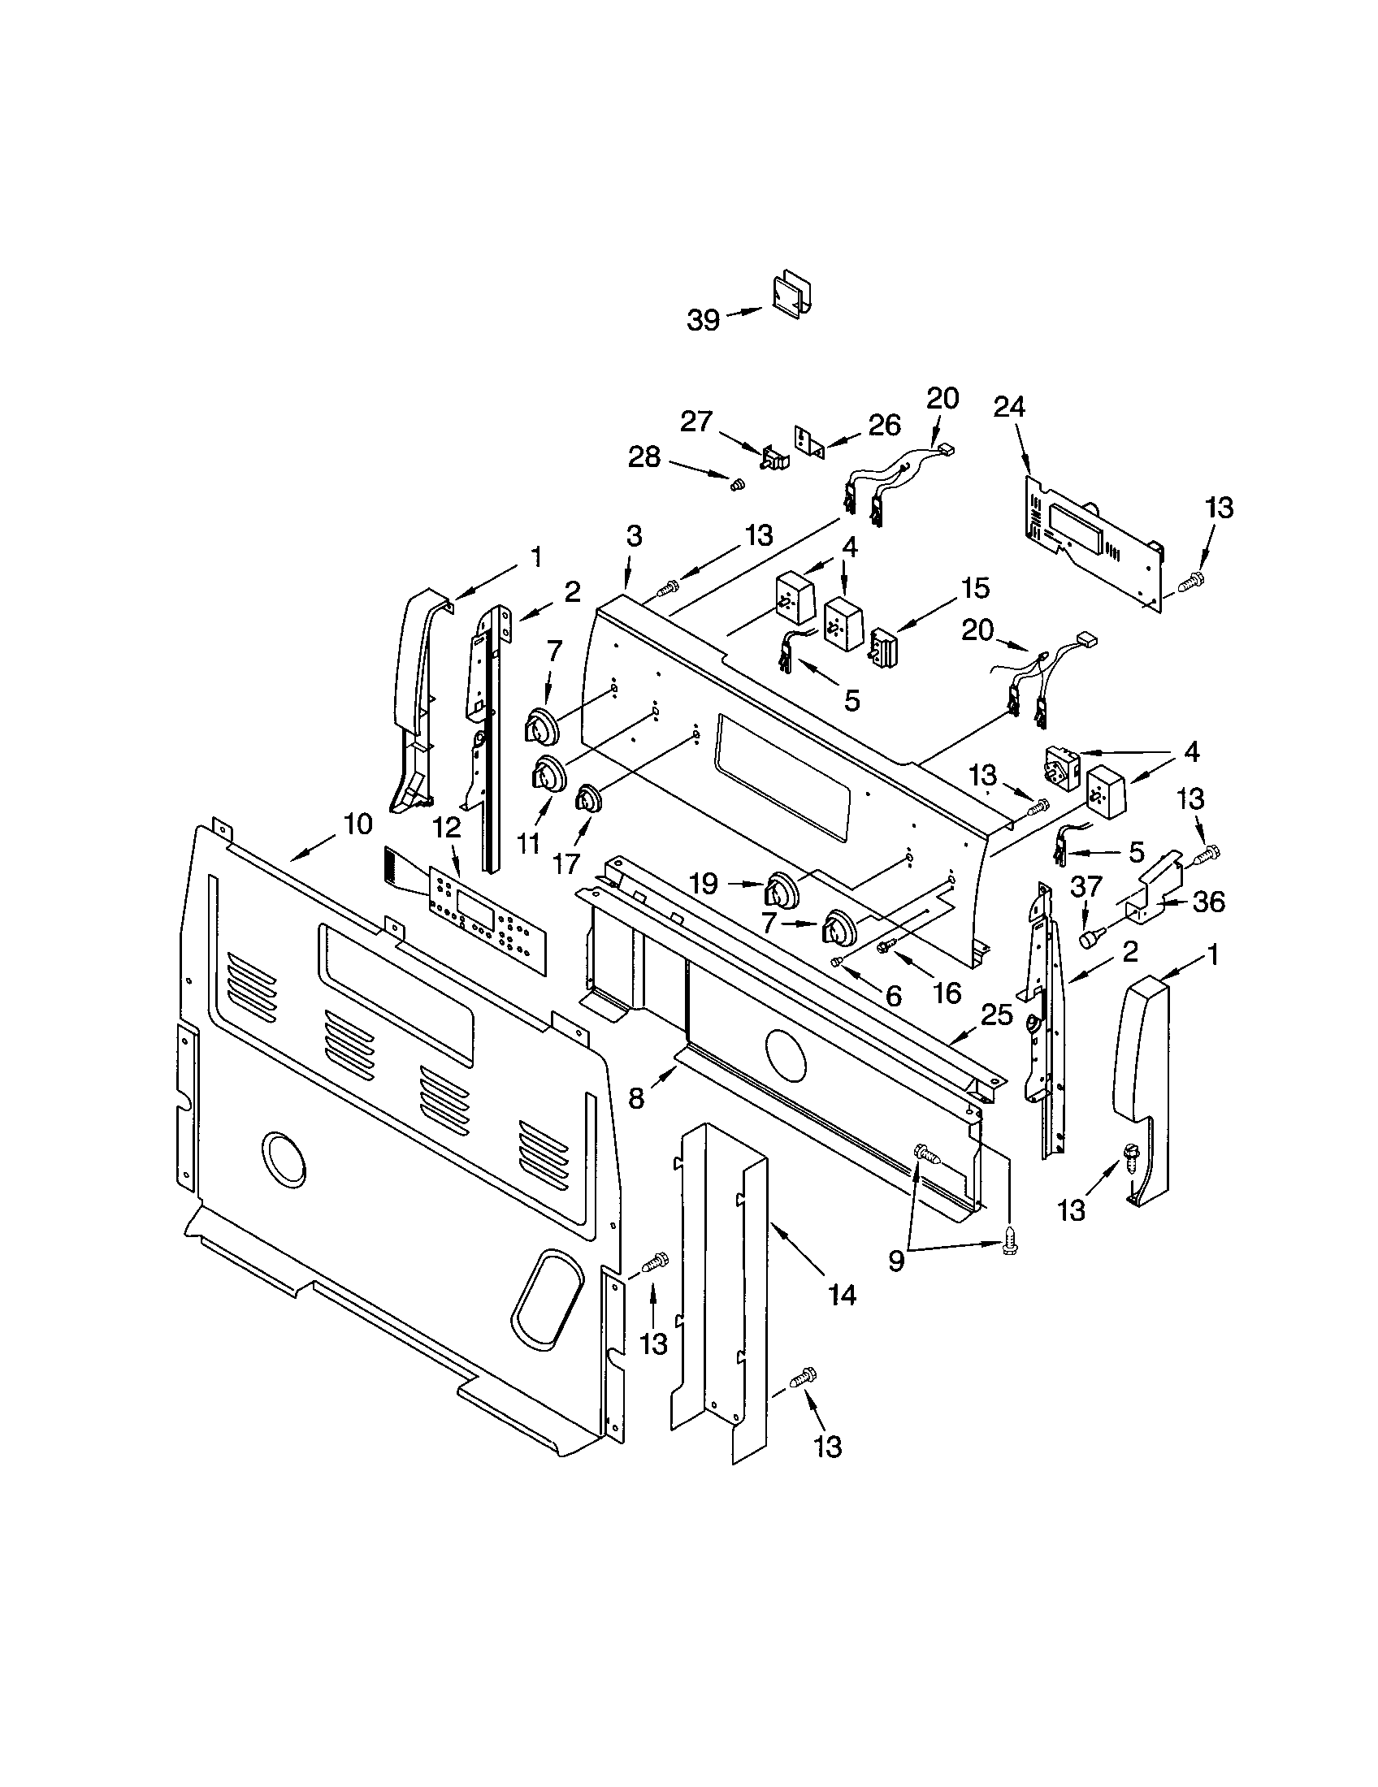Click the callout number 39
(703, 320)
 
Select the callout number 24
(1009, 408)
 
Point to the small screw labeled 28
(737, 485)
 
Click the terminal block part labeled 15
(886, 649)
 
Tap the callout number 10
(357, 824)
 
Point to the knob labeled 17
(587, 798)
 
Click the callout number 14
(841, 1295)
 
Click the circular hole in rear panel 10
(283, 1159)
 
